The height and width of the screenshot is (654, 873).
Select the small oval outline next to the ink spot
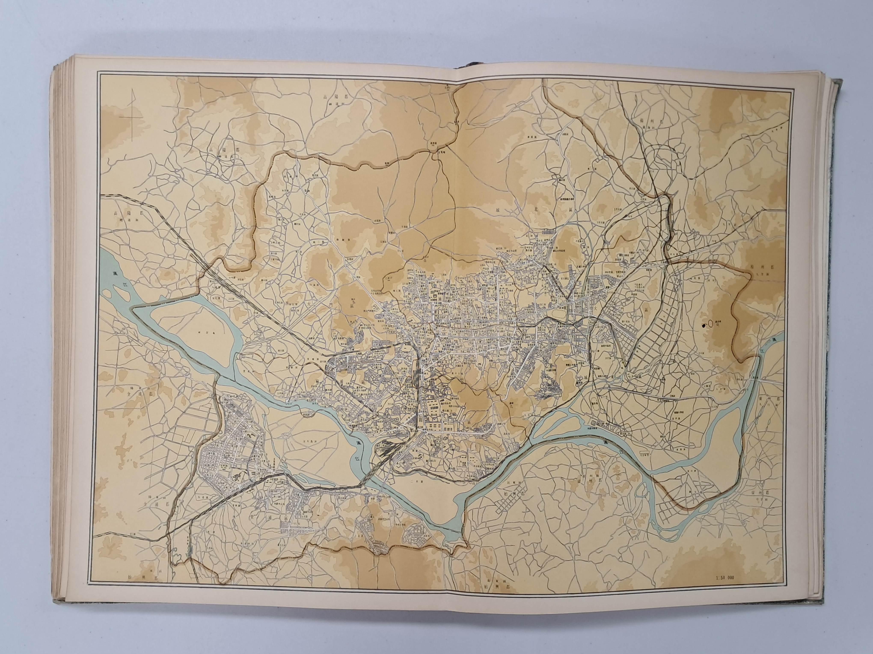pos(710,324)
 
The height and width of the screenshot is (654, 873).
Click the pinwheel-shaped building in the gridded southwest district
pos(237,478)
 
